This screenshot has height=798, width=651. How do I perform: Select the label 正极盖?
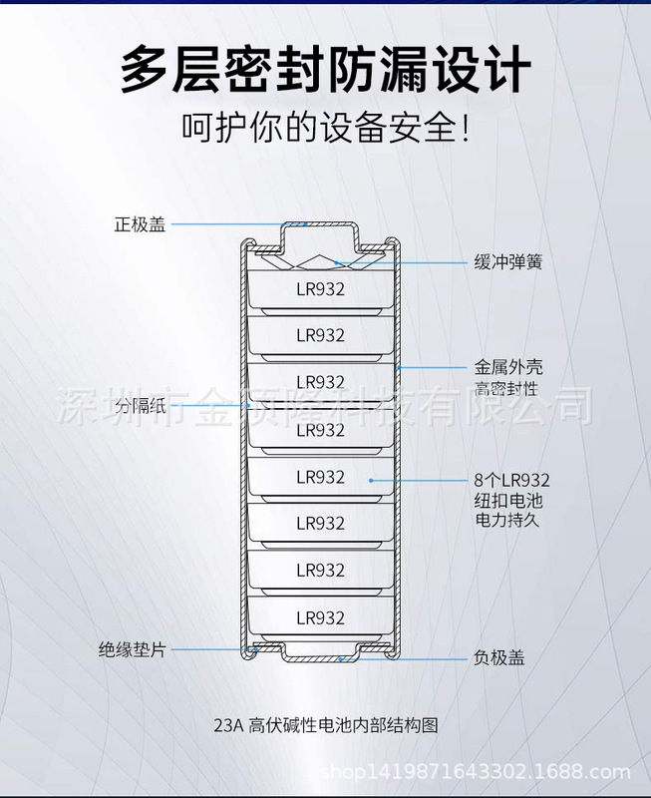(140, 224)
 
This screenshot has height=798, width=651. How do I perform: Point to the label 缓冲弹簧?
(508, 263)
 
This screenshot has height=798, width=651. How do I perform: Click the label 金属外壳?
(508, 367)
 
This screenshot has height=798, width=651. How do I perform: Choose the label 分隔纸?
(138, 406)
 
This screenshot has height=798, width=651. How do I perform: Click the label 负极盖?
(498, 658)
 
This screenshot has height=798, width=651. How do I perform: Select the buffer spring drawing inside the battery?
(320, 263)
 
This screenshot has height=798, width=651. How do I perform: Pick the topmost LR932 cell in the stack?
(320, 290)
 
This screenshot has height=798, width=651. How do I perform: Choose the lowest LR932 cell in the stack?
(320, 618)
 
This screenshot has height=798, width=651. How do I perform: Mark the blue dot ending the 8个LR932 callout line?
(372, 480)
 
